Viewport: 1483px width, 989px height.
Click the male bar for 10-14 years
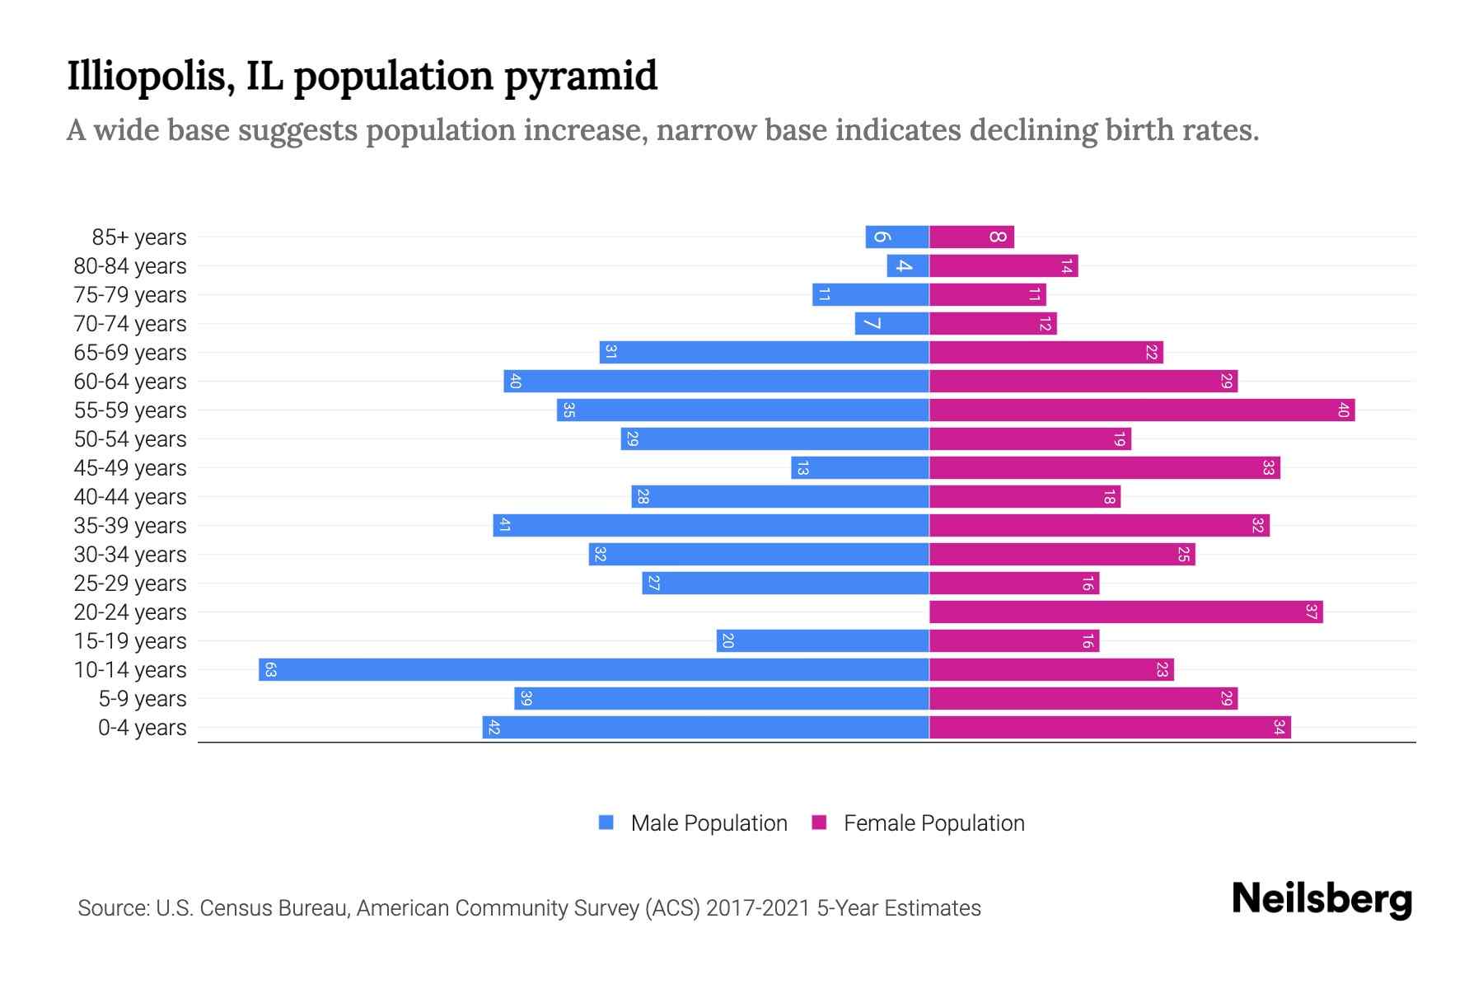tap(593, 669)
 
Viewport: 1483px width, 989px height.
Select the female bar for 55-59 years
tap(1141, 410)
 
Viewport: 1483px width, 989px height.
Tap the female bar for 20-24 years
tap(1125, 612)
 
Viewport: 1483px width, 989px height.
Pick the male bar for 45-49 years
tap(860, 467)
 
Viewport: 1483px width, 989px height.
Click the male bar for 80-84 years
tap(908, 265)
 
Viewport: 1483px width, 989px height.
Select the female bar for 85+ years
tap(971, 237)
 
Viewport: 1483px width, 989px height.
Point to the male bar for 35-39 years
tap(711, 525)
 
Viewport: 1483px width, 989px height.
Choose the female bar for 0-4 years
tap(1110, 727)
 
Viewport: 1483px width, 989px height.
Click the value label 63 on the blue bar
tap(270, 669)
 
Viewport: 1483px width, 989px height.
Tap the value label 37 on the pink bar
tap(1311, 612)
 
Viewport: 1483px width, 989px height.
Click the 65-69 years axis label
tap(130, 353)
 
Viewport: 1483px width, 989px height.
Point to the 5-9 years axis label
tap(143, 699)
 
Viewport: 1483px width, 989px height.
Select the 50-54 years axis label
tap(130, 439)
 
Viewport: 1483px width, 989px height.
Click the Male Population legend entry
tap(709, 823)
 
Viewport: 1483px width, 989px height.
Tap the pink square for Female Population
tap(819, 823)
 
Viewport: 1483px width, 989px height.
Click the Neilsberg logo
tap(1322, 899)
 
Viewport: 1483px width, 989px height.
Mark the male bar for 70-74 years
tap(891, 323)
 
